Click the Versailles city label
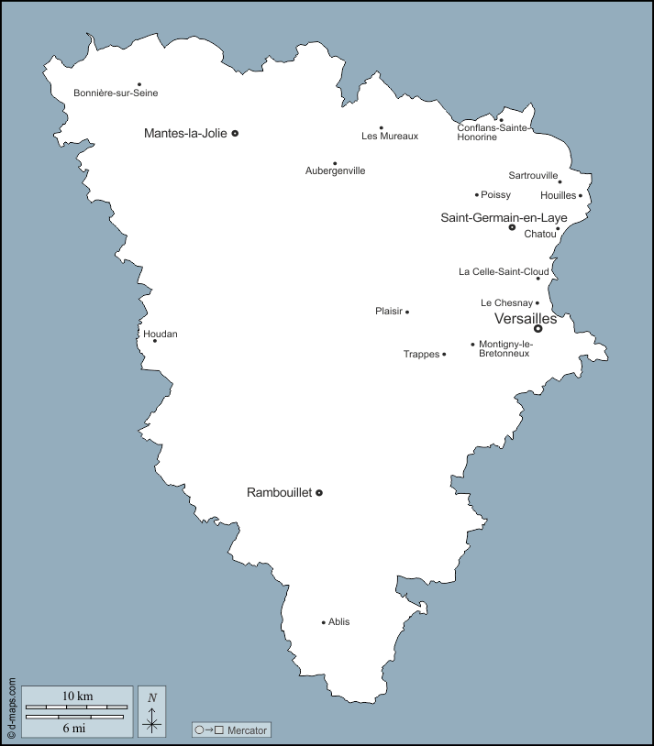[525, 319]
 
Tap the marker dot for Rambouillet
[319, 493]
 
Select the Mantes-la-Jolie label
[185, 133]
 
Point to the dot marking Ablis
[324, 622]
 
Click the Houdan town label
[161, 335]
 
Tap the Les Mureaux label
[390, 137]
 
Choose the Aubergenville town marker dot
[335, 163]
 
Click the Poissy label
[496, 195]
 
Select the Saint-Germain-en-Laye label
[504, 217]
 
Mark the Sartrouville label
[533, 175]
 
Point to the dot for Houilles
[581, 195]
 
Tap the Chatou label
[540, 234]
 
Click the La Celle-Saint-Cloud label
[504, 272]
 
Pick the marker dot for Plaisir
[407, 312]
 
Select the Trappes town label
[422, 355]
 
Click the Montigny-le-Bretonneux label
[505, 349]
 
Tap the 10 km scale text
[77, 697]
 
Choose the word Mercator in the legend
[247, 730]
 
